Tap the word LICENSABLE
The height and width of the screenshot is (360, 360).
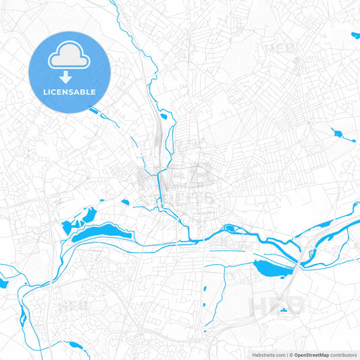(69, 91)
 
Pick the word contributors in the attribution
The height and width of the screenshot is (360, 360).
(343, 354)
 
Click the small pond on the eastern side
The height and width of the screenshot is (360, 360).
(338, 133)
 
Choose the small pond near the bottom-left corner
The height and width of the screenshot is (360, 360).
(76, 346)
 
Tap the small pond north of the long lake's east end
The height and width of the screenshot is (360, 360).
(125, 201)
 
